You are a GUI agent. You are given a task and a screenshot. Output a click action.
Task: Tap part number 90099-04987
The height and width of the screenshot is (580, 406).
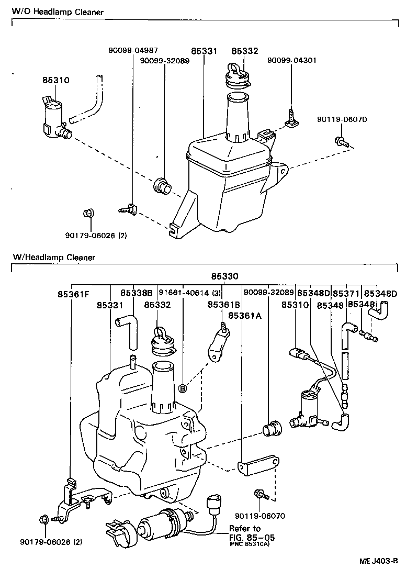[x=133, y=51]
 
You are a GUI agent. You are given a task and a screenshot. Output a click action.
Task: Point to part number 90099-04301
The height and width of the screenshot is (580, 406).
[x=291, y=60]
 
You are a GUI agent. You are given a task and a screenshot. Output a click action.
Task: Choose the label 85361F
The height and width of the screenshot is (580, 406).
[x=74, y=294]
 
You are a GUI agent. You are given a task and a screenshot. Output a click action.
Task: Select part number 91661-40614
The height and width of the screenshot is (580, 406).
[x=185, y=293]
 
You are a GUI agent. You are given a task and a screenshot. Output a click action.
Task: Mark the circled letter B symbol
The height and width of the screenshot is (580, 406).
[x=183, y=388]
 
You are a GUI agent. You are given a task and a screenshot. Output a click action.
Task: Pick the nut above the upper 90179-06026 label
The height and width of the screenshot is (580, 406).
[x=88, y=214]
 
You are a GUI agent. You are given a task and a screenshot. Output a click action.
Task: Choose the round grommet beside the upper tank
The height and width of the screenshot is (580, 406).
[x=161, y=185]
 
